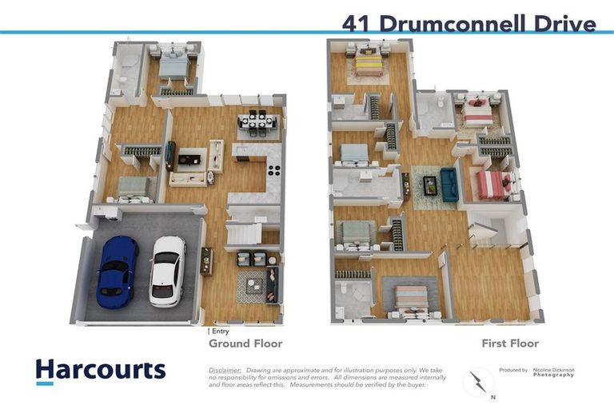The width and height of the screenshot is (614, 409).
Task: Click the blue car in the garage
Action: [x=117, y=270]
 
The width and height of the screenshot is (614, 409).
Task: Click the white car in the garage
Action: [x=167, y=271]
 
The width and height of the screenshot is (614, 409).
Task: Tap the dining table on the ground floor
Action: [x=257, y=122]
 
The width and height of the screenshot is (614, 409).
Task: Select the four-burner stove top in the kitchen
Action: [x=273, y=169]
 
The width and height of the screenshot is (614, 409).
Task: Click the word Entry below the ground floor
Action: [x=220, y=331]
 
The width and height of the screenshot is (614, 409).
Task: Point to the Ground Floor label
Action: [x=245, y=343]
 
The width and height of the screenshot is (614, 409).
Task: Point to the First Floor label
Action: [x=509, y=343]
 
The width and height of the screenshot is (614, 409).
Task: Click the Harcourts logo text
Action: [x=101, y=370]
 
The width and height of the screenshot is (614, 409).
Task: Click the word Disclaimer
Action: [x=225, y=371]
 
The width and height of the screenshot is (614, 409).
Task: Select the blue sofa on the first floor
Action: [x=448, y=185]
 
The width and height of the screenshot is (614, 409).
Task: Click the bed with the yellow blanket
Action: [x=369, y=62]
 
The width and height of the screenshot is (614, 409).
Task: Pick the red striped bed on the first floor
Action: [x=492, y=185]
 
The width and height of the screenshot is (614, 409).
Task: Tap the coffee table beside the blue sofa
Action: [x=429, y=185]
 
